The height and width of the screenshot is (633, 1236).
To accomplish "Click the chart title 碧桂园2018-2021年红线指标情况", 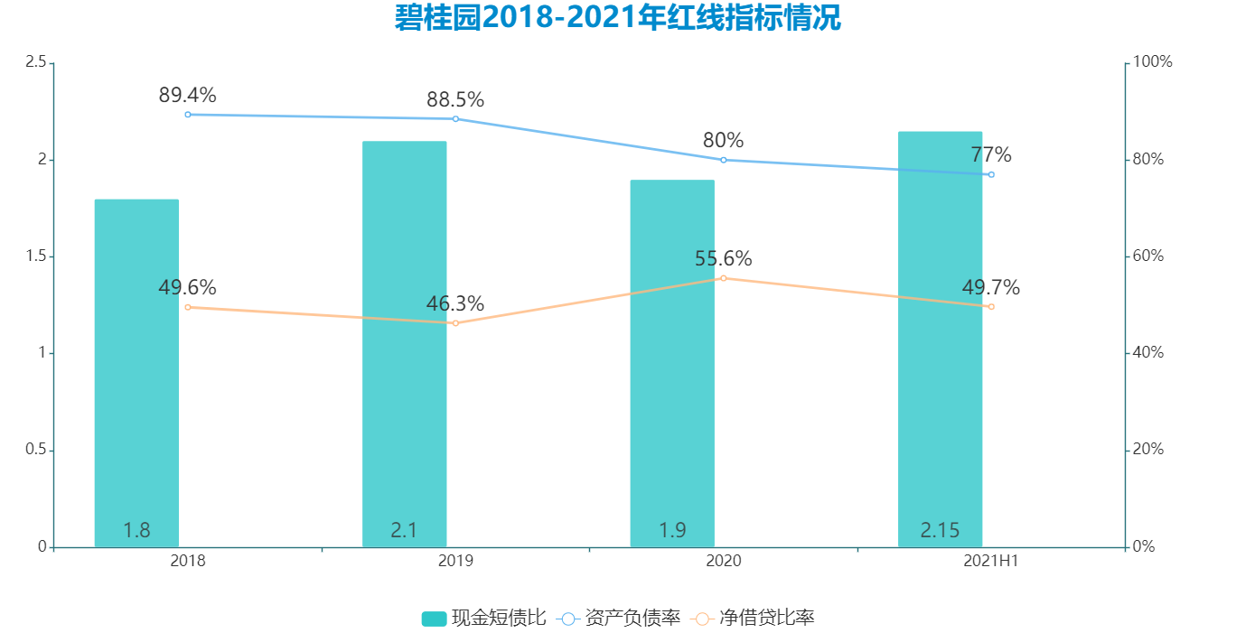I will (618, 18).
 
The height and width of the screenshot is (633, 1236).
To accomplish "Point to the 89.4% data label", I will (187, 96).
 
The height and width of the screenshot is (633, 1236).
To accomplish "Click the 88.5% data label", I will (455, 99).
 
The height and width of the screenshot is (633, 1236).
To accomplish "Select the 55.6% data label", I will (723, 259).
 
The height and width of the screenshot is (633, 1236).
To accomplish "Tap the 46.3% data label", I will (455, 304).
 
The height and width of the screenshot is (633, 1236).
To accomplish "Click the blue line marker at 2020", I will (723, 160).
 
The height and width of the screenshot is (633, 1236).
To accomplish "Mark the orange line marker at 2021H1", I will (991, 307).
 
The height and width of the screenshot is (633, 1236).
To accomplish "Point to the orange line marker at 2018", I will (188, 307).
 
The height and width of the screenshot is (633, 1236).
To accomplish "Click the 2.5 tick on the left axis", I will (36, 62).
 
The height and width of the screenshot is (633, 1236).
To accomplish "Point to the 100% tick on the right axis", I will (1152, 62).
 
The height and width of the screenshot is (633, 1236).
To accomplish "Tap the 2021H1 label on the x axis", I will (991, 562).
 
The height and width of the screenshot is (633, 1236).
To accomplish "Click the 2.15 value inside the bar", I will (940, 531).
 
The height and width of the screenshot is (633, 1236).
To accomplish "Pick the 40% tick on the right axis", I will (1148, 353).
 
